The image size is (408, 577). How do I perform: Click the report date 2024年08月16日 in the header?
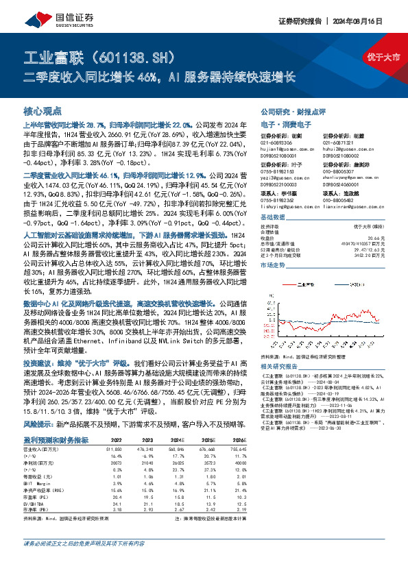coord(371,21)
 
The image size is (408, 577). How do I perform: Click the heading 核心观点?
coord(43,110)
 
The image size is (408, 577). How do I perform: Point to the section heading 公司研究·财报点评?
coord(283,110)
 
